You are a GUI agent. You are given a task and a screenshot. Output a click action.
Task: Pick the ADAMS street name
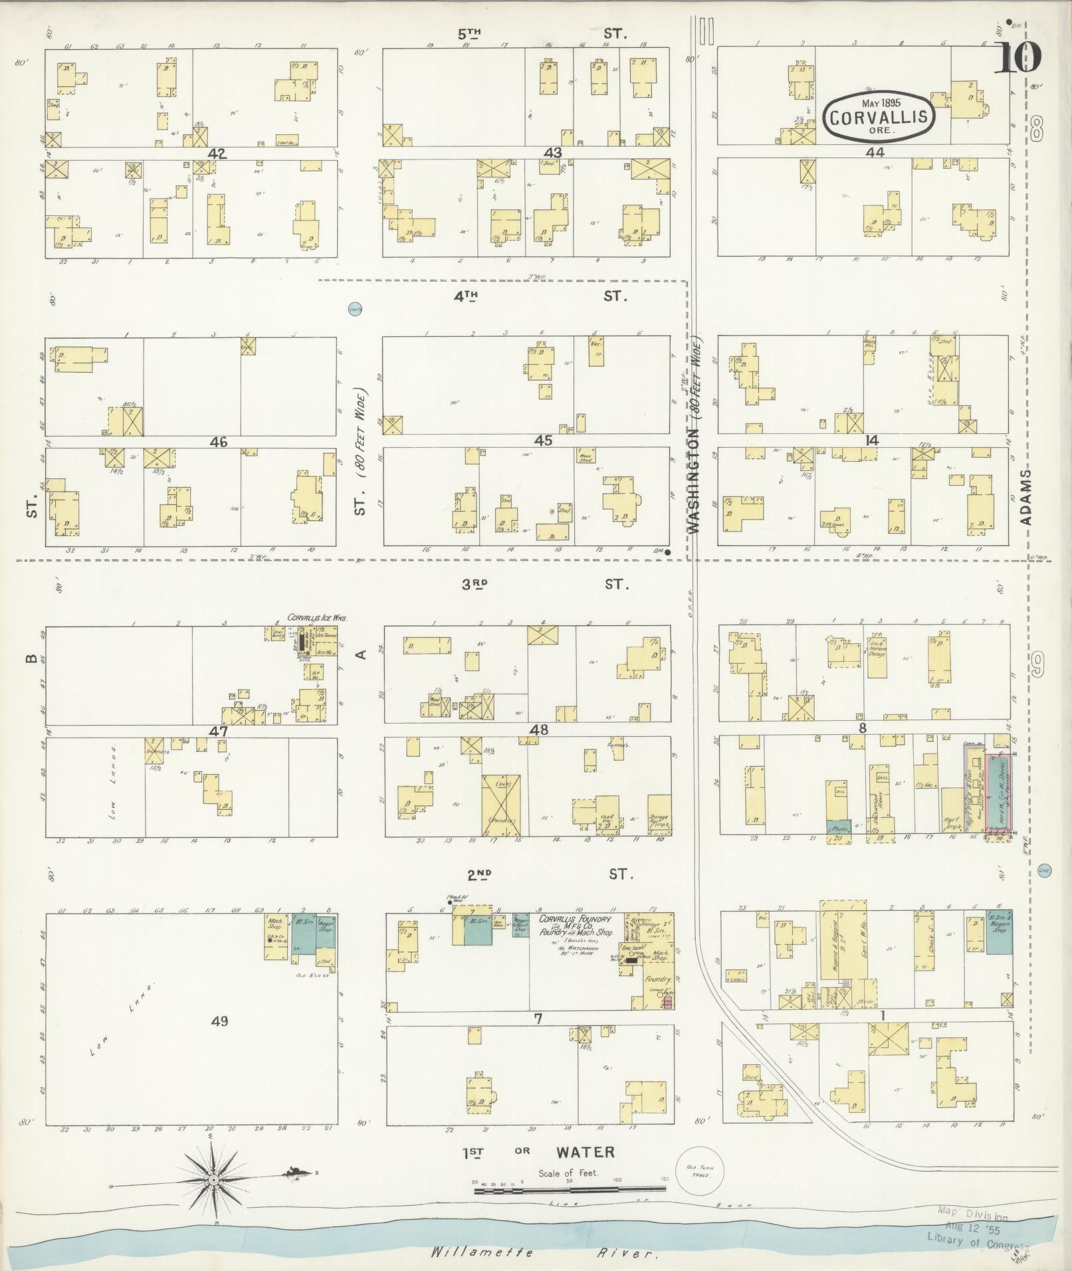click(x=1025, y=498)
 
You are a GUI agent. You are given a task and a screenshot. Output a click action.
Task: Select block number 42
click(x=217, y=153)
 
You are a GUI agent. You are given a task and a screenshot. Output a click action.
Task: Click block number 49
click(x=219, y=1021)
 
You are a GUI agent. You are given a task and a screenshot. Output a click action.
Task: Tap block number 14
click(x=871, y=440)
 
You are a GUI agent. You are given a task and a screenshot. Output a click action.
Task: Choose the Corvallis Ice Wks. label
click(x=318, y=617)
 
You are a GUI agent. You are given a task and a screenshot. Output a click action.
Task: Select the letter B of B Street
click(x=31, y=659)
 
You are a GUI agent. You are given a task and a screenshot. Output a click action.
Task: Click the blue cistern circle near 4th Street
click(x=356, y=308)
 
